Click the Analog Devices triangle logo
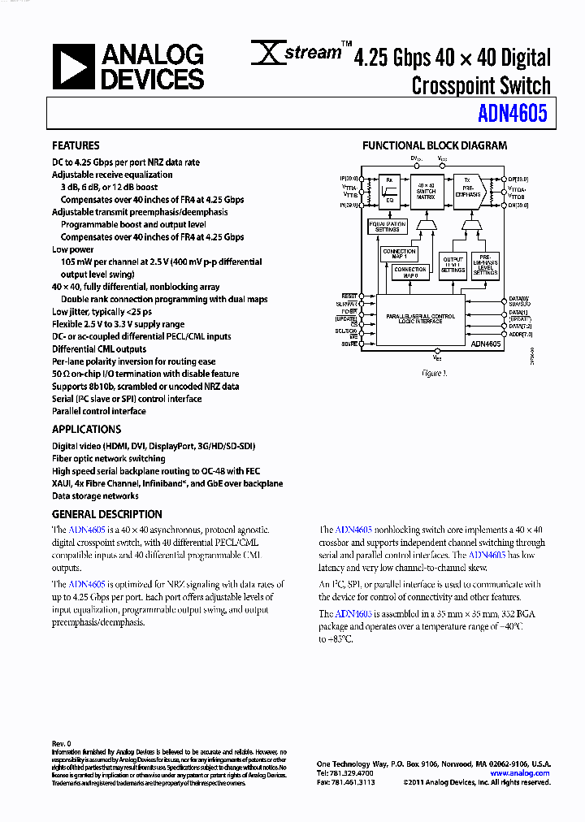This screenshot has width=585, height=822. click(x=73, y=67)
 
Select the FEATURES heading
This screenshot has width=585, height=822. click(x=76, y=146)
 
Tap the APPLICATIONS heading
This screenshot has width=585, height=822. click(x=86, y=429)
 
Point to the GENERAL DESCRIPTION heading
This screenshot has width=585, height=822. click(x=106, y=514)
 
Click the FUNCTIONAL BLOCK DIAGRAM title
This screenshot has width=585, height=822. click(x=434, y=146)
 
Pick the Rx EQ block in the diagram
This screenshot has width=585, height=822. click(x=389, y=192)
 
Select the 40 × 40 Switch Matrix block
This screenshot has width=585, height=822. click(x=427, y=192)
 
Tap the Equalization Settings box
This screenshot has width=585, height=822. click(x=388, y=227)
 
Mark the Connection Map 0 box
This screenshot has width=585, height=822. click(x=410, y=271)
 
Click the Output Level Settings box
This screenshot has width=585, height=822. click(x=453, y=265)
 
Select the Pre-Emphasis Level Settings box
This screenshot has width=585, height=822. click(x=486, y=265)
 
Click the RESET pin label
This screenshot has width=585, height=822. click(x=349, y=296)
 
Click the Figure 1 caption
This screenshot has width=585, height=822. click(x=433, y=373)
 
